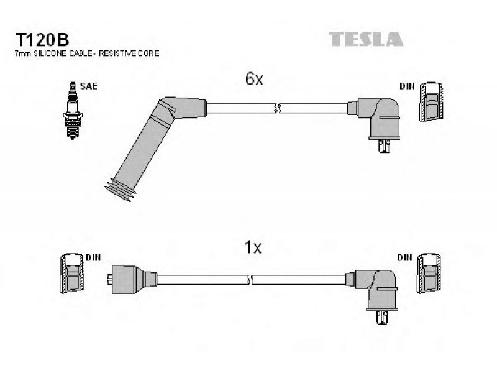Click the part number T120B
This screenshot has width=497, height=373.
coord(42,40)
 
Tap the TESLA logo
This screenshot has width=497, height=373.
coord(366,39)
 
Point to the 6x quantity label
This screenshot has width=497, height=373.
coord(254,79)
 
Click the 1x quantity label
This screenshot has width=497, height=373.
coord(253,247)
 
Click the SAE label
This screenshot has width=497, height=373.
coord(88,86)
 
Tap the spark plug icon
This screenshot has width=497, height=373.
coord(73,111)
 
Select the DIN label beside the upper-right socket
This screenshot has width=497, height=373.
coord(407,86)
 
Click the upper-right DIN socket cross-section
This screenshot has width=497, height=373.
coord(431,102)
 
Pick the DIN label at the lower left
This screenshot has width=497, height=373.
coord(93,257)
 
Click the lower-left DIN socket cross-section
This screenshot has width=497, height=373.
coord(72,273)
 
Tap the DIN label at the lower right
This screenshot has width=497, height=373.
coord(404,257)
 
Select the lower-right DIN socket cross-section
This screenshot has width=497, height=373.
coord(429,273)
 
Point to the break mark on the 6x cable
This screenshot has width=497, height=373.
coord(277,108)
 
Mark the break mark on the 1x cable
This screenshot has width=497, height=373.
coord(250,280)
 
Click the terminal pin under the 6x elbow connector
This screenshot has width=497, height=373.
coord(384,146)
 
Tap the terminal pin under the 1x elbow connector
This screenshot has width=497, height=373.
coord(383,318)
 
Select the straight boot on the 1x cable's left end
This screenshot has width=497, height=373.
coord(132,279)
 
